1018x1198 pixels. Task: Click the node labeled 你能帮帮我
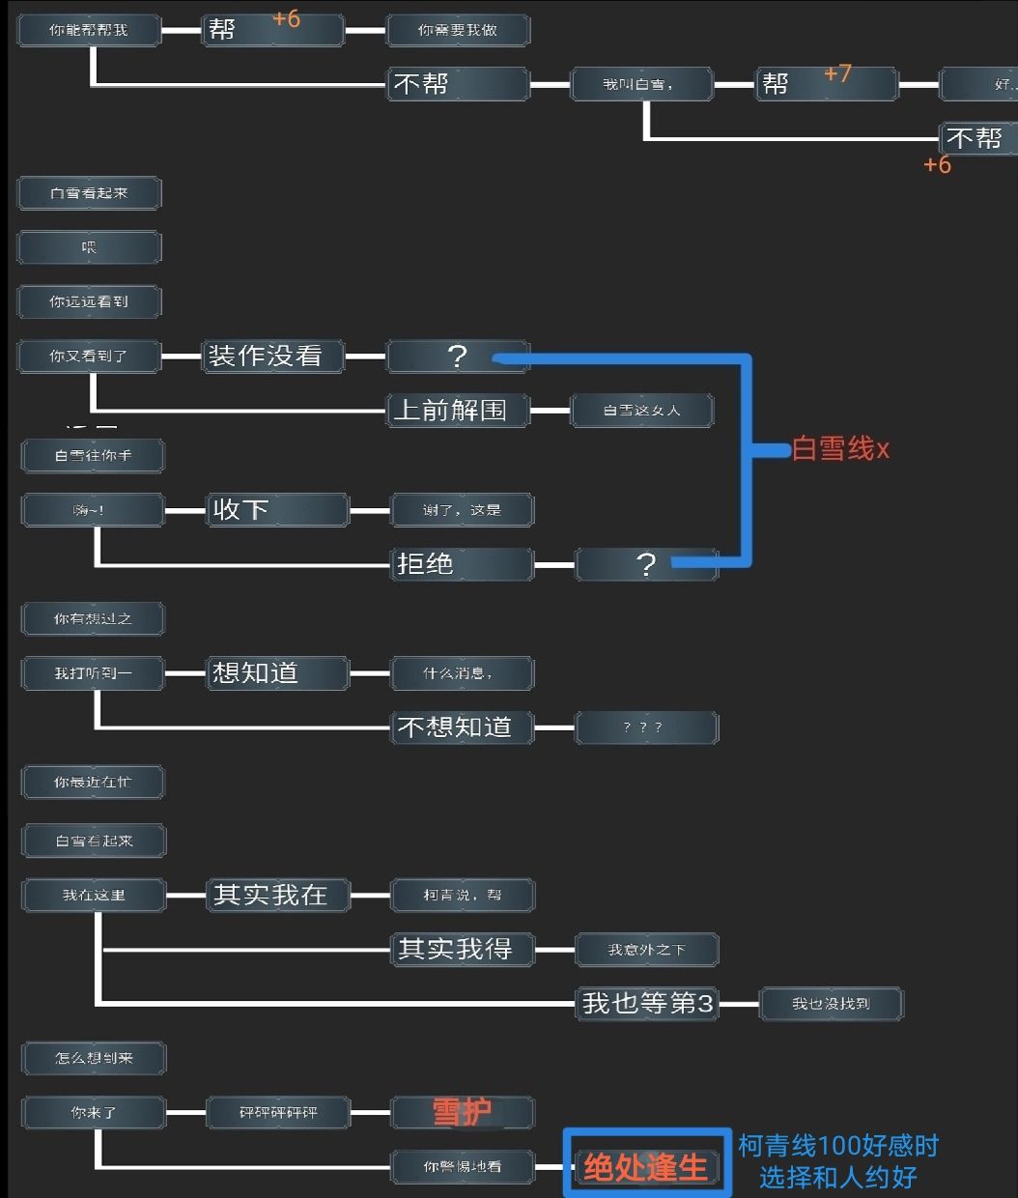pos(89,30)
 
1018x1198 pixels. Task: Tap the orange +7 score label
pos(837,73)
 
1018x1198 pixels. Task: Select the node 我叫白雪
pos(641,84)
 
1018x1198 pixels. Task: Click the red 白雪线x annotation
pos(840,448)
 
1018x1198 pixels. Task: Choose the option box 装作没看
pos(273,356)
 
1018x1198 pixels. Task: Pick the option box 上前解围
pos(458,410)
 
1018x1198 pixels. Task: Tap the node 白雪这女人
pos(641,411)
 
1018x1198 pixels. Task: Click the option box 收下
pos(277,509)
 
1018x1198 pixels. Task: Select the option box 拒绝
pos(462,563)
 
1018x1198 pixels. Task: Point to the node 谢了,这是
pos(462,510)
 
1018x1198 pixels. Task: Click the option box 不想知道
pos(462,727)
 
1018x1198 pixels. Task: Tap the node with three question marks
pos(645,727)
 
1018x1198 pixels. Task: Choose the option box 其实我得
pos(462,949)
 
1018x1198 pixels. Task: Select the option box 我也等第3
pos(646,1004)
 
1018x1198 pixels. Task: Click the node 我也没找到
pos(831,1004)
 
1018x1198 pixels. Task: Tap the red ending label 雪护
pos(462,1112)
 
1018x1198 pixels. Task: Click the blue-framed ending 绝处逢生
pos(646,1167)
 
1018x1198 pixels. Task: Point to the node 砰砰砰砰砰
pos(278,1113)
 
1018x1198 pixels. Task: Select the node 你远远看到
pos(89,301)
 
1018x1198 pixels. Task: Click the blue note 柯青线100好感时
pos(838,1147)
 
